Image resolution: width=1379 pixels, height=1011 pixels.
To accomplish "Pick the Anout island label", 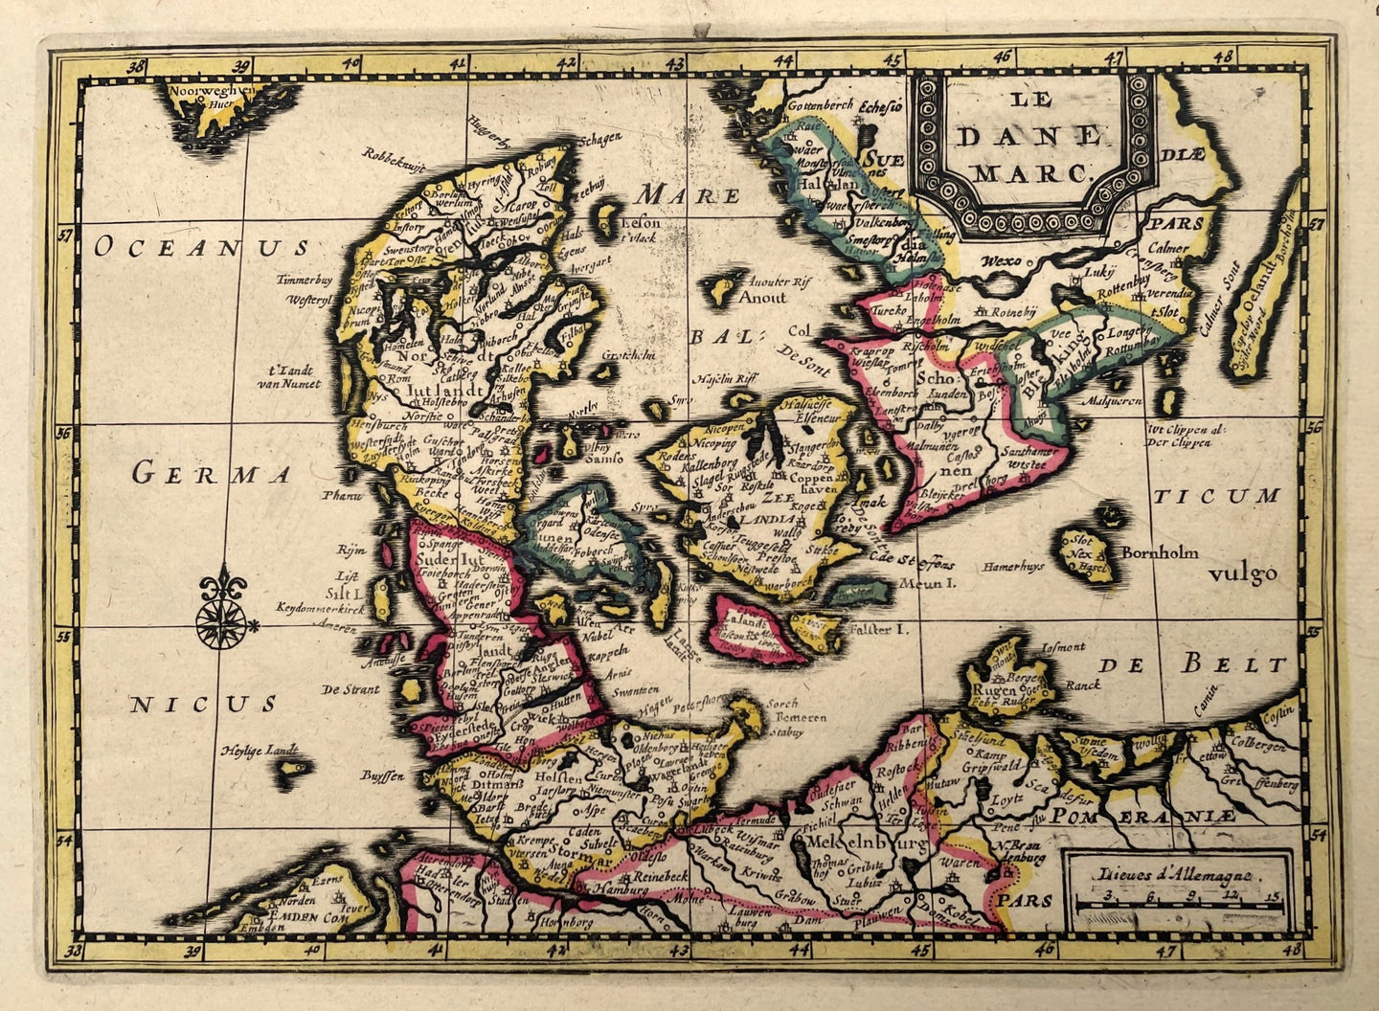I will tap(762, 297).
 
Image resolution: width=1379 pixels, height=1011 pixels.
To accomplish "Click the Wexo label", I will tap(1002, 259).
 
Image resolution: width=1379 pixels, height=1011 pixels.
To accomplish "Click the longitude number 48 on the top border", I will tap(1222, 56).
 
